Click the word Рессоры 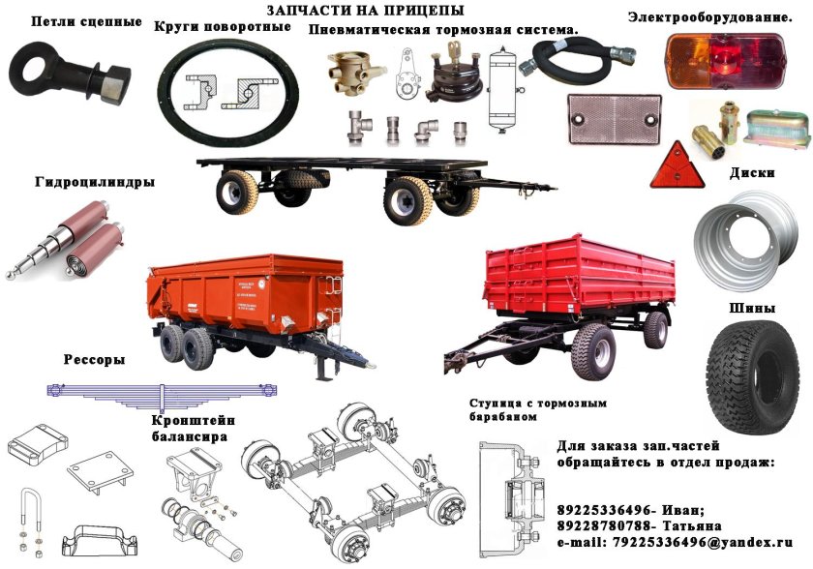pyautogui.click(x=94, y=359)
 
